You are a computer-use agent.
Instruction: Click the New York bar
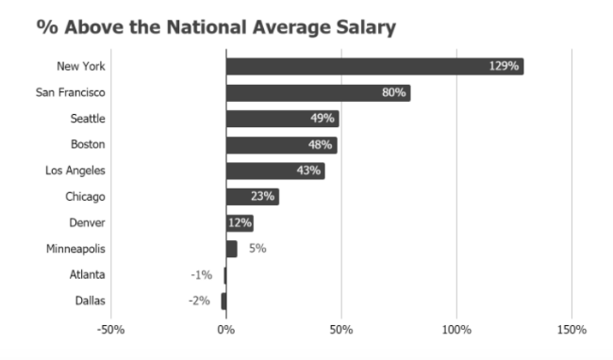coord(373,66)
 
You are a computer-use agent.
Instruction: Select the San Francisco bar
coord(318,92)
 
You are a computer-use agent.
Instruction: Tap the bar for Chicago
coord(252,197)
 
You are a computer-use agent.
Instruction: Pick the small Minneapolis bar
coord(231,249)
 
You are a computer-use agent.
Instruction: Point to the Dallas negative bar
coord(224,301)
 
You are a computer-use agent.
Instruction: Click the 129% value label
coord(504,66)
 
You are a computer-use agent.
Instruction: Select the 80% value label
coord(393,92)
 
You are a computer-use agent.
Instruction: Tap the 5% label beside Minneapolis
coord(257,249)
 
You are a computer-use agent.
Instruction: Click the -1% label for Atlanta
coord(201,275)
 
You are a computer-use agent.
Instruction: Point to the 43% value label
coord(308,171)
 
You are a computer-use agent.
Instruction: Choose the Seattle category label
coord(88,119)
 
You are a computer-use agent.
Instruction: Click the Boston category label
coord(88,144)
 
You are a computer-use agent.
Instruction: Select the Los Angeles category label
coord(75,171)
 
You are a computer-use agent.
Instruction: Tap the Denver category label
coord(88,223)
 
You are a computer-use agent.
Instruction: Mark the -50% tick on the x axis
coord(110,330)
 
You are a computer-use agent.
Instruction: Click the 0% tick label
coord(225,330)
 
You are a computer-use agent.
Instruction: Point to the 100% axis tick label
coord(456,330)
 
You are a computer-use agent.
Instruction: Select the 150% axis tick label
coord(572,330)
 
